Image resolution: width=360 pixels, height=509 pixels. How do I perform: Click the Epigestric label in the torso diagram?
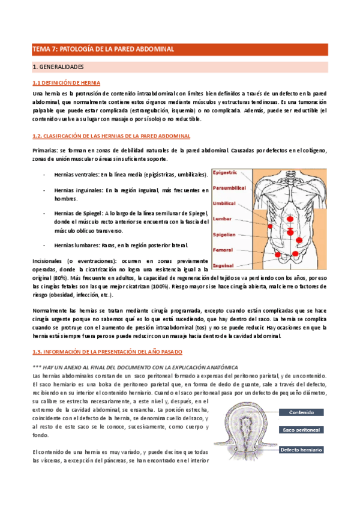pos(226,172)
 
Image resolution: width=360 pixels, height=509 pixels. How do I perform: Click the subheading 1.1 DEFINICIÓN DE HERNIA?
pos(66,83)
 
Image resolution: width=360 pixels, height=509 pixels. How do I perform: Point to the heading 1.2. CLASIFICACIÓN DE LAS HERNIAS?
pos(111,137)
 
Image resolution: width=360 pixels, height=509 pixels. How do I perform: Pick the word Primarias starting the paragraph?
pos(44,149)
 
